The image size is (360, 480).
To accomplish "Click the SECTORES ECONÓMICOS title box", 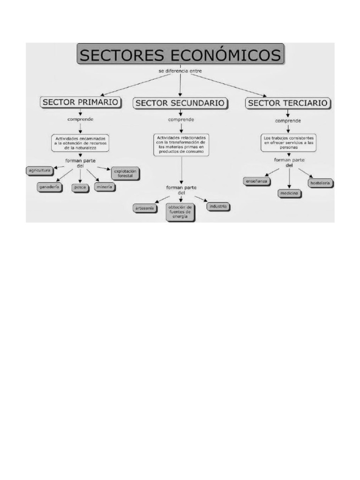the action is [180, 55].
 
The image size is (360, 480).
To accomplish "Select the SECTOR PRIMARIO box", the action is [81, 102].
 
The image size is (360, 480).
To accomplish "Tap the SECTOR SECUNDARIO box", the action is [181, 103].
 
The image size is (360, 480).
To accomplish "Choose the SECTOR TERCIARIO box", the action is [289, 103].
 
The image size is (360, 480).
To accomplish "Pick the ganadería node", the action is [50, 187].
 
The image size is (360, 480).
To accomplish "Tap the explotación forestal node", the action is [125, 173].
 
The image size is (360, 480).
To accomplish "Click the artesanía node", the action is [144, 208].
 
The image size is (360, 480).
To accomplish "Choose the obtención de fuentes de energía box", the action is [180, 212].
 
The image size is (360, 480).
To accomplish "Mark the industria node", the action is [218, 206].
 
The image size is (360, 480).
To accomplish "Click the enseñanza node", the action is [256, 180].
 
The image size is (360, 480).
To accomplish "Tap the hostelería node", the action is [320, 183].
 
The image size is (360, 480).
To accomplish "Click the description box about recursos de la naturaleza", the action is [80, 143].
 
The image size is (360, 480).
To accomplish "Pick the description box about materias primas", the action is [180, 144].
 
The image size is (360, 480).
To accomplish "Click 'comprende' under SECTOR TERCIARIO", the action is [288, 121].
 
